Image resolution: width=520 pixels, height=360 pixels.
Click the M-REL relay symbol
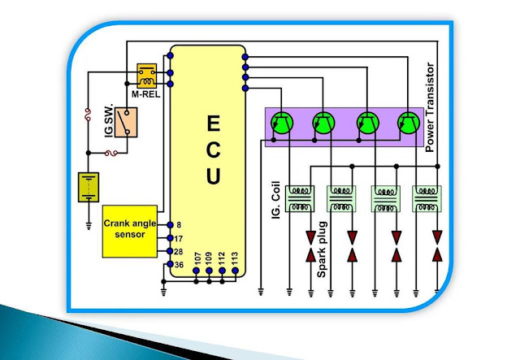[x=147, y=76]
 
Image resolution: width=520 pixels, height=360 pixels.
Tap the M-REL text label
[x=146, y=94]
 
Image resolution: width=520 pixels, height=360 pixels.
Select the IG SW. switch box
[x=126, y=123]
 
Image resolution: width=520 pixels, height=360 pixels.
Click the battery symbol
[x=89, y=187]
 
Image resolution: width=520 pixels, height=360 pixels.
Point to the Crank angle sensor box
[x=130, y=232]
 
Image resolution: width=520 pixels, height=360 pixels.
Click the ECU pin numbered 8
[x=170, y=225]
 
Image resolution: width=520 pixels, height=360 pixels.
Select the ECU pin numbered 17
[x=170, y=238]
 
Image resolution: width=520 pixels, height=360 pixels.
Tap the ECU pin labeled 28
[x=170, y=251]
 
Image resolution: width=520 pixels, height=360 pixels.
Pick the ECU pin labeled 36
[x=170, y=264]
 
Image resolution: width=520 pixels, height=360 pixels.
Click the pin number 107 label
[x=197, y=258]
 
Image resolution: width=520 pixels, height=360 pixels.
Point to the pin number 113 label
[x=235, y=258]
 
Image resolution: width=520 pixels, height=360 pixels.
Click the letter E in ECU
[x=213, y=123]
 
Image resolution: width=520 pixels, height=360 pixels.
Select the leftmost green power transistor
[x=282, y=123]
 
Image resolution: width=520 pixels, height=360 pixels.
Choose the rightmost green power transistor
[x=409, y=123]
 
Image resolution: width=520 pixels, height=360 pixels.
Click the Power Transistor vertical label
[x=430, y=107]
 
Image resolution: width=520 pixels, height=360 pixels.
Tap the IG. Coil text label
[x=276, y=200]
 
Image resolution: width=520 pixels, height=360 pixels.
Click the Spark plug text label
[x=322, y=249]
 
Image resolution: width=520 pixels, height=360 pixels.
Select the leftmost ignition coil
[x=300, y=199]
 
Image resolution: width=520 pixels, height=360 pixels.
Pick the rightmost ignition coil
[x=427, y=199]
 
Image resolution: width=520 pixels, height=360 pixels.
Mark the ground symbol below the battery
[x=89, y=226]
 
